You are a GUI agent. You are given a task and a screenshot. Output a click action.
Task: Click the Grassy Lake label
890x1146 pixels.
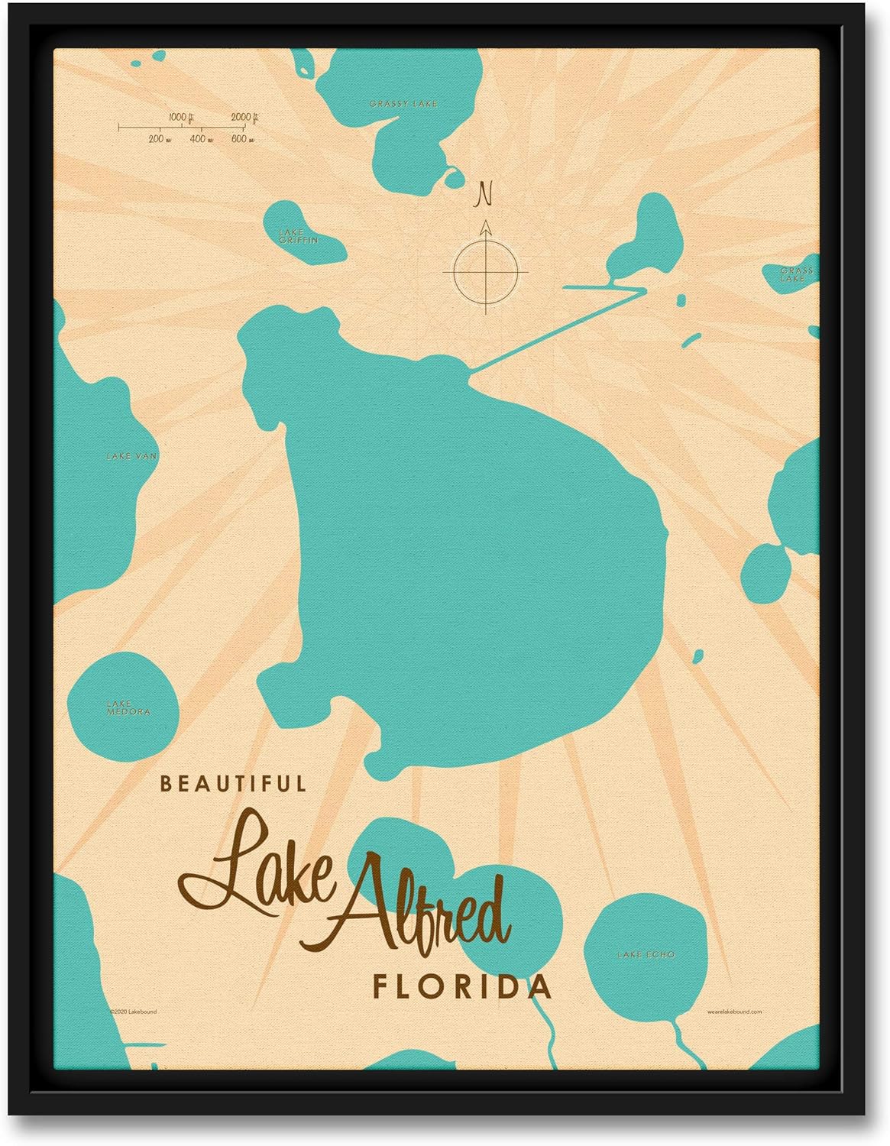coord(403,103)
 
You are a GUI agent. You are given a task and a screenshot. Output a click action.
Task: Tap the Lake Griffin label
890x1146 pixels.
coord(298,236)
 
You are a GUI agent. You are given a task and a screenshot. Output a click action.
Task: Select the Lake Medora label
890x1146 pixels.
coord(128,707)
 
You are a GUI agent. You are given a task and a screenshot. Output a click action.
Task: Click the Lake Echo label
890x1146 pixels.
coord(646,954)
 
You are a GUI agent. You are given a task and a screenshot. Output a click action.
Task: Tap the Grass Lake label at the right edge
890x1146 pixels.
coord(796,275)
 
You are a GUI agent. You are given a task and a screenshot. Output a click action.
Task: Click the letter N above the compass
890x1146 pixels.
coord(483,194)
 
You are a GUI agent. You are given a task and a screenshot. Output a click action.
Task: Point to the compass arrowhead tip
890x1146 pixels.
coord(485,221)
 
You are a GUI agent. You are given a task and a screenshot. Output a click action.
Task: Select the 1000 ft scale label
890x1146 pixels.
coord(180,117)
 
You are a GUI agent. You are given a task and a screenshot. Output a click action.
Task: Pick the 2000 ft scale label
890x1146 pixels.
coord(244,117)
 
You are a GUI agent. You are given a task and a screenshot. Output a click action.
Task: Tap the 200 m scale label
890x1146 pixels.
coord(160,139)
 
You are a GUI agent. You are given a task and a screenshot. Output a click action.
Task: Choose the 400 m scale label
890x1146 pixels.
coord(202,139)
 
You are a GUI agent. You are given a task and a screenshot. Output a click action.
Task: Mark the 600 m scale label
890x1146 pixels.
coord(242,139)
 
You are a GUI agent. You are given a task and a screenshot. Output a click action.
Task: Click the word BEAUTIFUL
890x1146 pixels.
coord(233,783)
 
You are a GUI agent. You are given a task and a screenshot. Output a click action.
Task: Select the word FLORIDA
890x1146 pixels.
coord(461,986)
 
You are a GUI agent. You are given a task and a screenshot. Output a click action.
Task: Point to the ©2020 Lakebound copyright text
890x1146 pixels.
coord(133,1012)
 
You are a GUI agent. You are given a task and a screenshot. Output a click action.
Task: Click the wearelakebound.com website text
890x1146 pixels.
coord(734,1012)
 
